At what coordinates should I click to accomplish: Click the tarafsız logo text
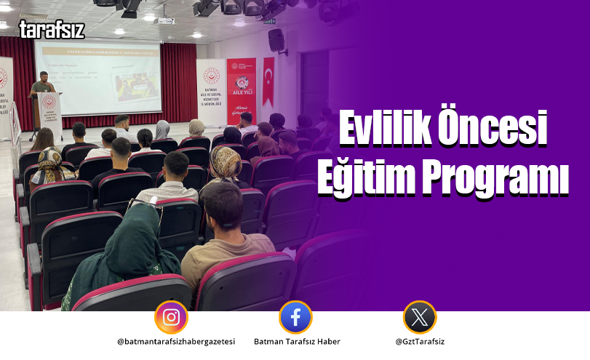(x=52, y=30)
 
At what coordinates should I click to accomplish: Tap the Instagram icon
(x=171, y=317)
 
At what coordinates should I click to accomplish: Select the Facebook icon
(x=295, y=317)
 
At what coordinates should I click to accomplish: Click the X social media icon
(x=420, y=317)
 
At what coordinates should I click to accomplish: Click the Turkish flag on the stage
(x=268, y=80)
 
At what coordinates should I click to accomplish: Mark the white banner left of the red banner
(x=210, y=91)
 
